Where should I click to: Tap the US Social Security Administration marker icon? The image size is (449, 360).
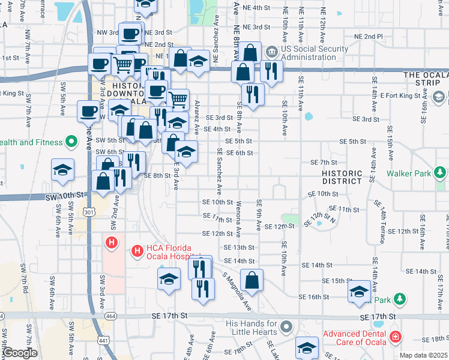[x=271, y=51]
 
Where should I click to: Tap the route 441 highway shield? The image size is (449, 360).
[x=104, y=340]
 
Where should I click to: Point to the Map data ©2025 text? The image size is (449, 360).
[x=423, y=355]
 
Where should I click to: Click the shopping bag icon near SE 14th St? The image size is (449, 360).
[x=252, y=279]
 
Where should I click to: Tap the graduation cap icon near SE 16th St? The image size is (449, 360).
[x=359, y=291]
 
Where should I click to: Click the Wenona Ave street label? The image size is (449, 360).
[x=239, y=219]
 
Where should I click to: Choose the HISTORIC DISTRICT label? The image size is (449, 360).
[x=341, y=177]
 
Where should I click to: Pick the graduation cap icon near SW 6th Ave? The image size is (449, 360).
[x=62, y=170]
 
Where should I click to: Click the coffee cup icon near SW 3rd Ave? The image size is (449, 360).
[x=89, y=110]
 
